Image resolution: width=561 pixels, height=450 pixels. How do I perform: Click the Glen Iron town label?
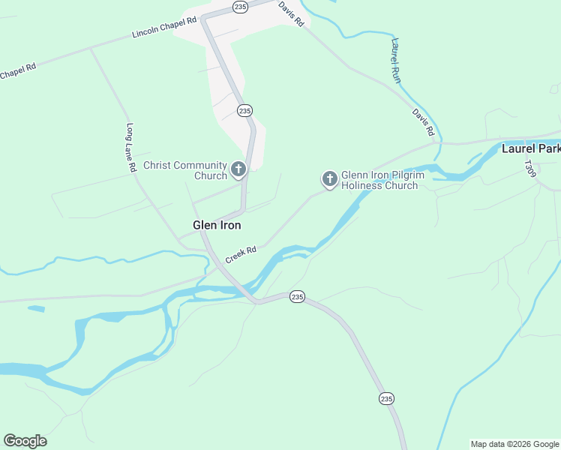[217, 224]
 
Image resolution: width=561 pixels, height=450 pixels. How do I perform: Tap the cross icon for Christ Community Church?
[238, 170]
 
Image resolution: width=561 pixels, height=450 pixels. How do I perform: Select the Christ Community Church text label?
[184, 170]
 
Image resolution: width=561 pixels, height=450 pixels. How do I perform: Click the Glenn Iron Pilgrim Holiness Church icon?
[329, 179]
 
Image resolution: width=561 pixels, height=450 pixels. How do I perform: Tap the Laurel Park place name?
[530, 148]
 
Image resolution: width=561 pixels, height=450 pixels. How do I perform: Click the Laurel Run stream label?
[395, 61]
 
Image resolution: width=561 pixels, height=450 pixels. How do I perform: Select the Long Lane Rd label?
[131, 148]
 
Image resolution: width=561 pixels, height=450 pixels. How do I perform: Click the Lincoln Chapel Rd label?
[163, 28]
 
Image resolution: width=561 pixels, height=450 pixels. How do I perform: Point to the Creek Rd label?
[241, 253]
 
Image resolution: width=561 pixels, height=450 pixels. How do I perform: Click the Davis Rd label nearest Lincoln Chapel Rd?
[290, 13]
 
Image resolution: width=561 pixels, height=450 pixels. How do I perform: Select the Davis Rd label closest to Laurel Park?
[423, 122]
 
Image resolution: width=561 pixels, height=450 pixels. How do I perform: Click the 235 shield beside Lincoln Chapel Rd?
[240, 7]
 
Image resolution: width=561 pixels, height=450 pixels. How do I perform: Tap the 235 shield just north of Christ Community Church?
[244, 110]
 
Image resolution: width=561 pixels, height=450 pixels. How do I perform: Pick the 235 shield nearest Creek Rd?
[297, 297]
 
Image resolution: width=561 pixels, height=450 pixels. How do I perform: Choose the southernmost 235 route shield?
[385, 398]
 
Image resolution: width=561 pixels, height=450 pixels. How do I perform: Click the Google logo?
[25, 441]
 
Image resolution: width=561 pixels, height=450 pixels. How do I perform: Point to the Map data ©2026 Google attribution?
[515, 444]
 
